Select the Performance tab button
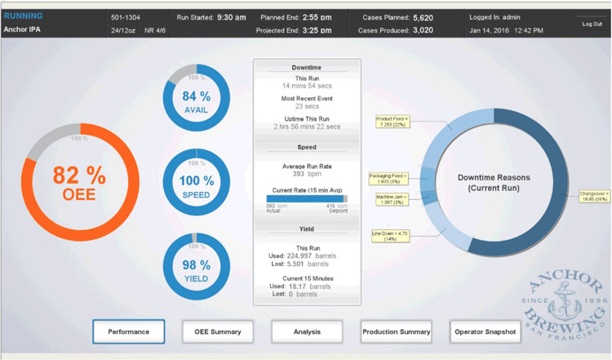[x=128, y=331]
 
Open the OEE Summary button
[x=218, y=331]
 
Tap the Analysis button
[x=308, y=331]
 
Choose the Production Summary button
[x=396, y=331]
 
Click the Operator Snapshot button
[x=486, y=331]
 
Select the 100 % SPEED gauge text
[x=195, y=185]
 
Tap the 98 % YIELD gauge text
[x=195, y=270]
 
